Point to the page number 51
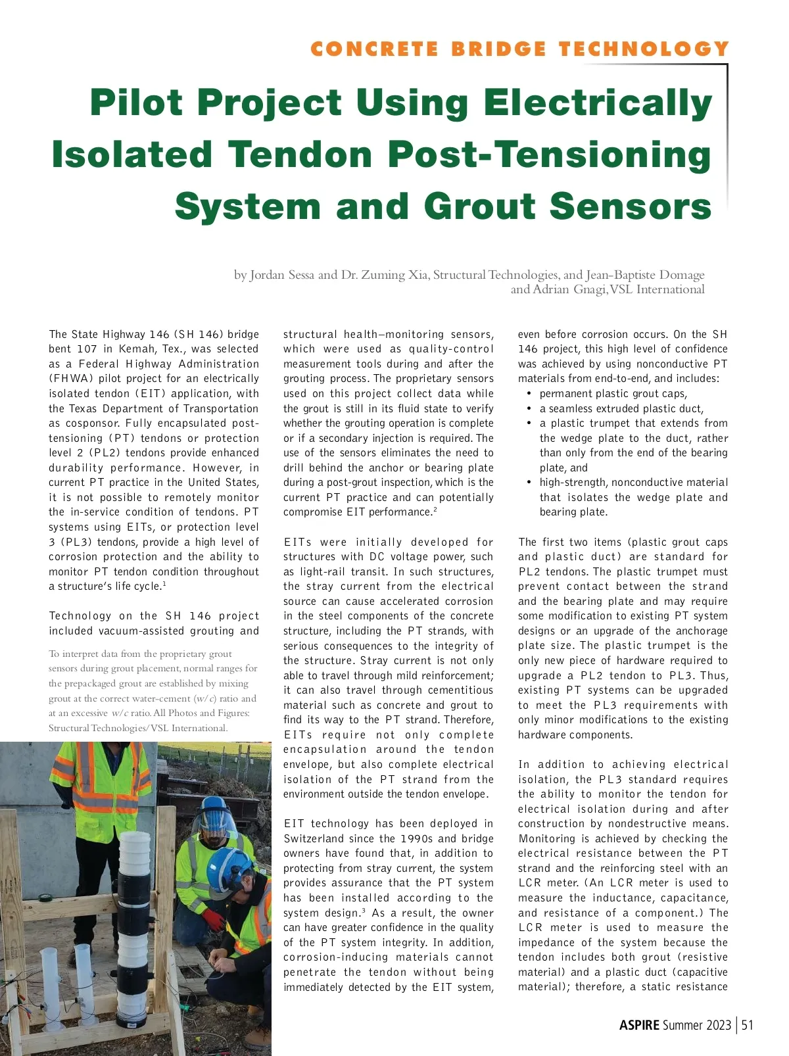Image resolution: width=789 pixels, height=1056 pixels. tap(747, 1025)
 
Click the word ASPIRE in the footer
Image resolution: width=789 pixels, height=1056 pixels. tap(639, 1025)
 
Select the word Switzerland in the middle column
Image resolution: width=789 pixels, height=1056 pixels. tap(314, 838)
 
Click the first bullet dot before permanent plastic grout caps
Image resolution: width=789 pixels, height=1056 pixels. tap(529, 394)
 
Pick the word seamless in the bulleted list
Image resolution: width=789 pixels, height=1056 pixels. tap(571, 408)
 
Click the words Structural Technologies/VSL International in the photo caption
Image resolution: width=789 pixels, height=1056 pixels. tap(138, 728)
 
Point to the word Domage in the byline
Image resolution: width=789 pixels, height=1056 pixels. tap(678, 275)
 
